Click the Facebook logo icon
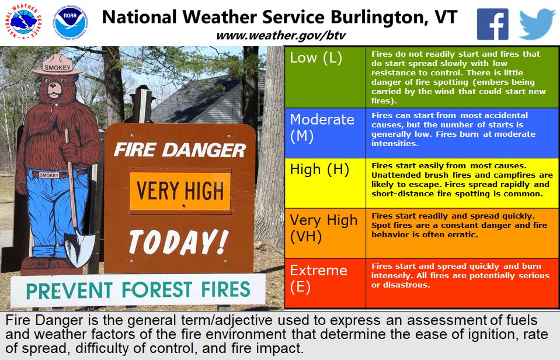[x=492, y=24]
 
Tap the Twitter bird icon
[x=537, y=24]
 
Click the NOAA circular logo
[x=70, y=22]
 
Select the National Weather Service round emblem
[x=23, y=22]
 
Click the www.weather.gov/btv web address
[x=281, y=36]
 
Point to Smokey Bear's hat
[x=57, y=65]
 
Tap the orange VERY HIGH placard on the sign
[x=180, y=191]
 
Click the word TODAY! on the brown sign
[x=178, y=242]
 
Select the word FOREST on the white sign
[x=157, y=289]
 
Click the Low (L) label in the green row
[x=316, y=58]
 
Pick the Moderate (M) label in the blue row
[x=322, y=127]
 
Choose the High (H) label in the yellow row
[x=319, y=169]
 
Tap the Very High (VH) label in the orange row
[x=324, y=228]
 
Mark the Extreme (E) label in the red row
[x=318, y=279]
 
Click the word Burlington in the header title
[x=380, y=18]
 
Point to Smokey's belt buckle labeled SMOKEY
[x=49, y=175]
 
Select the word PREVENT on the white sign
[x=69, y=291]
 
